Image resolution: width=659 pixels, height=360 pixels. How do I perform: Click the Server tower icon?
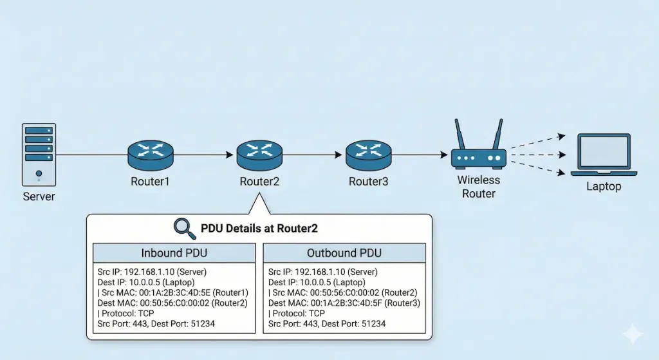(x=39, y=155)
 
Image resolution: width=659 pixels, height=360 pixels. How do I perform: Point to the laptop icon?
(x=604, y=155)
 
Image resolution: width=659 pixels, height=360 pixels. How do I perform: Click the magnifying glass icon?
(x=185, y=227)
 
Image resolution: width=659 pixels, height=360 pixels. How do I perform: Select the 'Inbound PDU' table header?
(x=174, y=252)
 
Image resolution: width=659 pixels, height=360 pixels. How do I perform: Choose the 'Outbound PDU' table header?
(x=344, y=252)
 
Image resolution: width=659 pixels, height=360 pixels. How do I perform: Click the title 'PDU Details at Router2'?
(x=259, y=228)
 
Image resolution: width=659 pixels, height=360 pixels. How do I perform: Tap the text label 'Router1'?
(x=150, y=182)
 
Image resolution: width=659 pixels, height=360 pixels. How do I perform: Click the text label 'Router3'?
(x=368, y=182)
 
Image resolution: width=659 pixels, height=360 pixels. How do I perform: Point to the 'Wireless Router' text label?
(x=478, y=187)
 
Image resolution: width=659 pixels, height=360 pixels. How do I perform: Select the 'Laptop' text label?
(x=604, y=187)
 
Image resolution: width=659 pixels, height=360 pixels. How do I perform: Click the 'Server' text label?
(x=39, y=196)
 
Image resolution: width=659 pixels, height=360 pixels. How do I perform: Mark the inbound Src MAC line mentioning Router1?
(x=172, y=292)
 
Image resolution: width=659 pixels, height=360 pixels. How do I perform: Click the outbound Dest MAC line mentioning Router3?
(x=344, y=303)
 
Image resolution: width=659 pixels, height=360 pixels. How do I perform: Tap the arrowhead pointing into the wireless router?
(x=443, y=155)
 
